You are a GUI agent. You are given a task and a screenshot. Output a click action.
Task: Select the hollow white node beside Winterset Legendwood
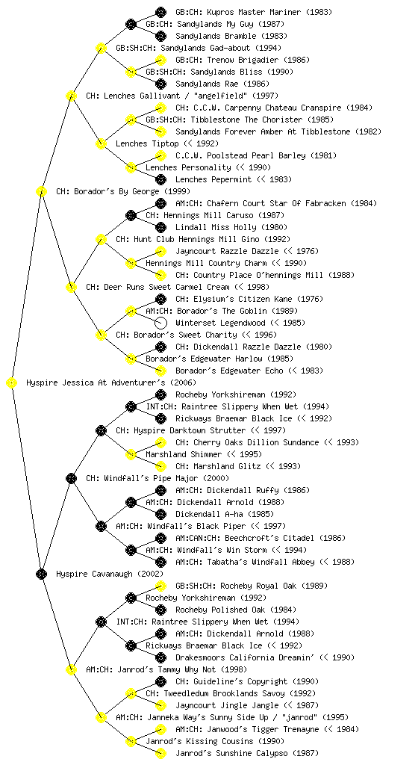(160, 323)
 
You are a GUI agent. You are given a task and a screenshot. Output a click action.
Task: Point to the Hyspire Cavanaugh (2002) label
(110, 574)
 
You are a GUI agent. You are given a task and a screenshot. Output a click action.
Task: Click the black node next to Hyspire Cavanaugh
(41, 574)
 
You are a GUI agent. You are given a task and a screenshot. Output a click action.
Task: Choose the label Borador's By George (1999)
(122, 192)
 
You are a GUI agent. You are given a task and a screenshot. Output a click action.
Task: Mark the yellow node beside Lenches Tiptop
(101, 144)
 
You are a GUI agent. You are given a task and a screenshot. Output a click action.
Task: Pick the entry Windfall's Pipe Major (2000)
(157, 479)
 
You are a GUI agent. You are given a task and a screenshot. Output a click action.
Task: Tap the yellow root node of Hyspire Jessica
(12, 383)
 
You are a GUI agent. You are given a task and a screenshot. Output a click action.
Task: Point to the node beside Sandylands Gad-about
(101, 48)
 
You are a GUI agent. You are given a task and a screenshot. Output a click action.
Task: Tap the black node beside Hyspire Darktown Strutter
(101, 431)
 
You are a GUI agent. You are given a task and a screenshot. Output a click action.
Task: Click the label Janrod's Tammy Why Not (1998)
(166, 670)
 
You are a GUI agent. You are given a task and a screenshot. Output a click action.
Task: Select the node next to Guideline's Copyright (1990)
(160, 681)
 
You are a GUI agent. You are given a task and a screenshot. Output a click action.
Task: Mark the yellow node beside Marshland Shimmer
(131, 455)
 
